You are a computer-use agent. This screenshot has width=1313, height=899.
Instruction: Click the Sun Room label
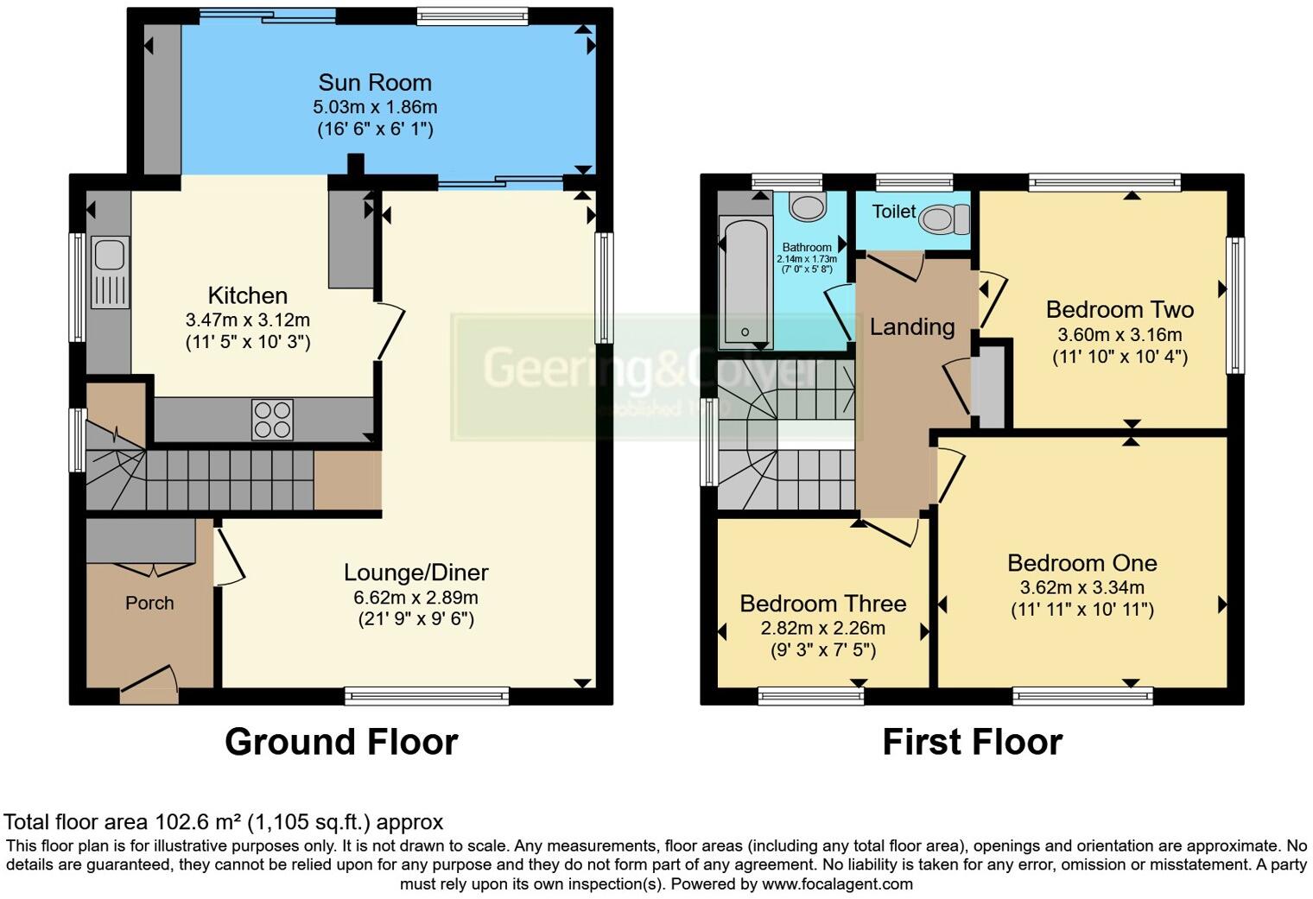point(374,83)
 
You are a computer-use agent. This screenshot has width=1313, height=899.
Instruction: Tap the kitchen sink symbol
point(110,256)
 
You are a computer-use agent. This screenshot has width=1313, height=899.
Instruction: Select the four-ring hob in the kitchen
point(272,419)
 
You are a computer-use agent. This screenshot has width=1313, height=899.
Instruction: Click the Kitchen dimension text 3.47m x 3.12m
point(247,320)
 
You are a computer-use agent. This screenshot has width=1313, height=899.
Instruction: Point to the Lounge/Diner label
point(415,573)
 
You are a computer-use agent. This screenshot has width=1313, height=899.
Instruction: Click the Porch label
point(149,603)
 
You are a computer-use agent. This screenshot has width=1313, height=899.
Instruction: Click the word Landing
point(911,326)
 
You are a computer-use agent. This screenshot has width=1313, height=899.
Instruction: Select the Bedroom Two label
point(1120,309)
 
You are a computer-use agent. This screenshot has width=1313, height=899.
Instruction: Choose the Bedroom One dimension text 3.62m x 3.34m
point(1081,588)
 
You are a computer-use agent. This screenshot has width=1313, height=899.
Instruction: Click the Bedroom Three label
point(822,604)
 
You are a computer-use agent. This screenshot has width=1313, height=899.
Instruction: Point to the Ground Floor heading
point(341,742)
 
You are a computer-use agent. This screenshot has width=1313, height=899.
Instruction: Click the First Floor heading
point(972,742)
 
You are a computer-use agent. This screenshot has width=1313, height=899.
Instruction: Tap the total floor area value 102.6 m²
point(197,822)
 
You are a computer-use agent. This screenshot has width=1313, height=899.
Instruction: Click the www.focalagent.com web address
point(837,884)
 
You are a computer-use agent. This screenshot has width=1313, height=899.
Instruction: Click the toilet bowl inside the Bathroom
point(808,206)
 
